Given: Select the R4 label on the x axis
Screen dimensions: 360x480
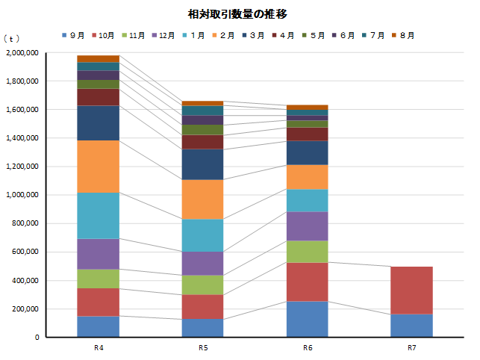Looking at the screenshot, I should coord(99,348).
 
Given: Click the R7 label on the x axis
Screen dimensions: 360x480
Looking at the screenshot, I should coord(411,348).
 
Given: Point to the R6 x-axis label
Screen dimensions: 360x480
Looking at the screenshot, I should coord(308,348).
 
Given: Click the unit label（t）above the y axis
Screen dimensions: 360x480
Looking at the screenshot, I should coord(12,37).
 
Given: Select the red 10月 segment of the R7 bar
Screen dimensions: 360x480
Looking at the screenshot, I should coord(411,291).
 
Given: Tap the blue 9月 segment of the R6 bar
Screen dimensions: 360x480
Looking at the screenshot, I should coord(308,319).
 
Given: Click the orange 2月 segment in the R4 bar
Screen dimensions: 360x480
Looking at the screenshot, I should coord(99,166).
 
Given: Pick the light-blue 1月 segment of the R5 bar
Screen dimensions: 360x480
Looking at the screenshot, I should coord(203,235).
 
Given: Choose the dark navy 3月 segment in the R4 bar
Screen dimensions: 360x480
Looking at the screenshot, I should coord(99,123).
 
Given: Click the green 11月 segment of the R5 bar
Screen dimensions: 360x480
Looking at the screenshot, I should coord(203,285).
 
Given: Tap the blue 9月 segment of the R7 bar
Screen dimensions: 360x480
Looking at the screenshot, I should coord(411,326).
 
